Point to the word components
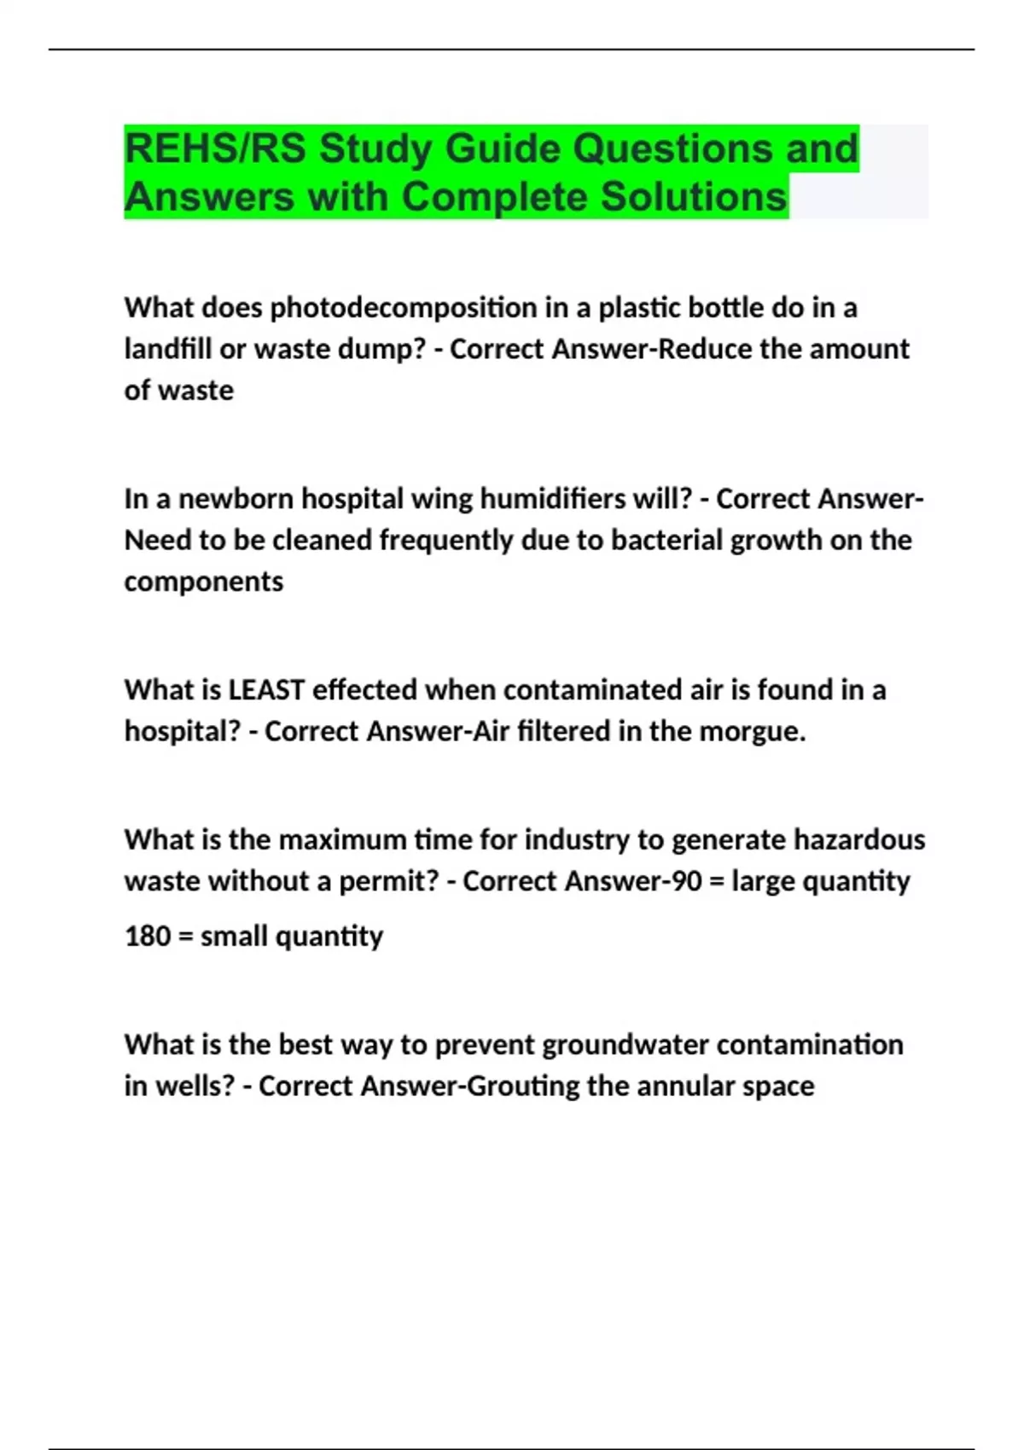(203, 582)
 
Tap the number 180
(147, 937)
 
